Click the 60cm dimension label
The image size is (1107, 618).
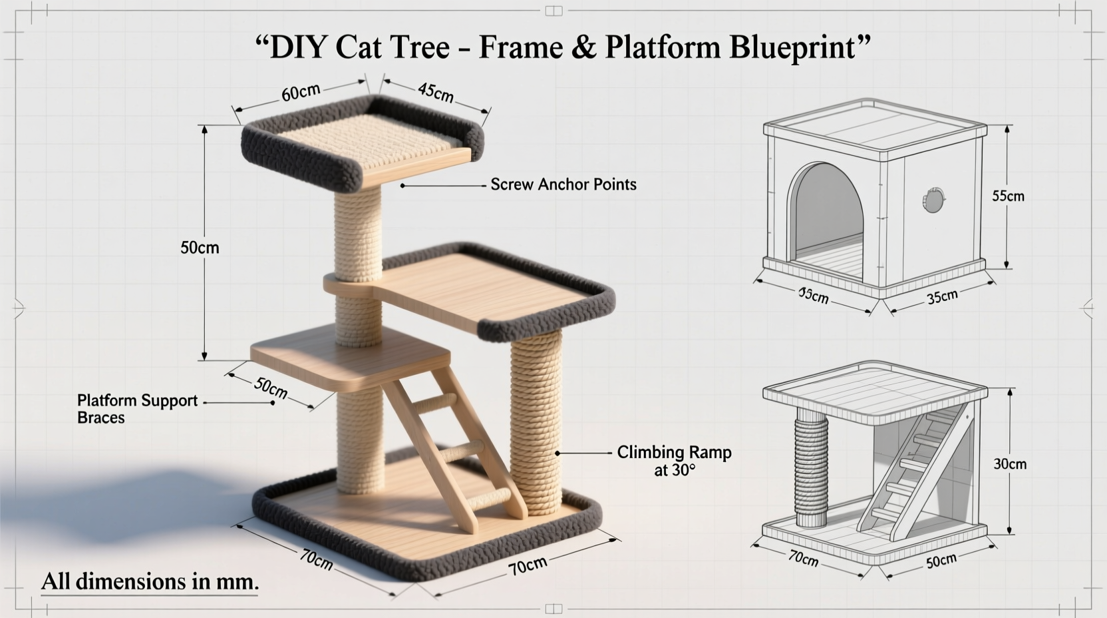point(301,93)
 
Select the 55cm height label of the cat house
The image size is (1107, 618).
point(1008,196)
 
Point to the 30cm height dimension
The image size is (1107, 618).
point(1010,463)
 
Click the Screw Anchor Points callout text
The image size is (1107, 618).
point(563,184)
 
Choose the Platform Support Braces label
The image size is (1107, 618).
point(137,409)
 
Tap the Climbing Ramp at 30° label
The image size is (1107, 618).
point(674,460)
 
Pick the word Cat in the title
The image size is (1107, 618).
point(363,48)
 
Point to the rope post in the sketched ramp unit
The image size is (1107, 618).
point(811,469)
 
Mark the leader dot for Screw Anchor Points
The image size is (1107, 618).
point(402,186)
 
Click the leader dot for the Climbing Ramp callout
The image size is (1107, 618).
point(557,453)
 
